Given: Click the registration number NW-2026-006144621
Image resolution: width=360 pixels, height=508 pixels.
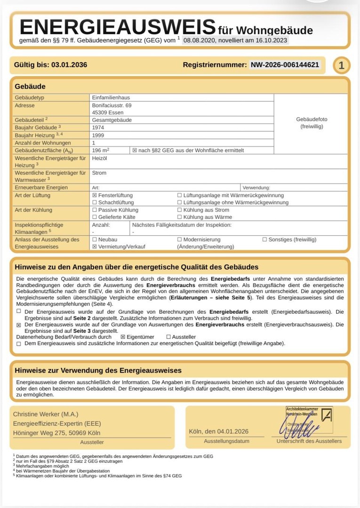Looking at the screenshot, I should tap(285, 65).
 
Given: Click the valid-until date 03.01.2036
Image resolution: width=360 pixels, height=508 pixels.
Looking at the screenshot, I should tap(69, 65).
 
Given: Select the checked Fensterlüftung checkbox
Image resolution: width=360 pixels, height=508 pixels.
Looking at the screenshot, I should tap(95, 195).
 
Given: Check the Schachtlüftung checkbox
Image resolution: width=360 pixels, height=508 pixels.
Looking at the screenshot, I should tap(95, 203).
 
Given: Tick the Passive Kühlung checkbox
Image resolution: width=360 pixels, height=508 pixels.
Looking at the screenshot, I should tap(95, 210).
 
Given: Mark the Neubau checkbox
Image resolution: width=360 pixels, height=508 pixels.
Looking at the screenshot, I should tap(95, 239).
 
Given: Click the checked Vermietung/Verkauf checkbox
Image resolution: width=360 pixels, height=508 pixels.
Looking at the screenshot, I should tap(95, 246).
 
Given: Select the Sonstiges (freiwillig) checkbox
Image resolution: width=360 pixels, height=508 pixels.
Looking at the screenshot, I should tap(264, 239).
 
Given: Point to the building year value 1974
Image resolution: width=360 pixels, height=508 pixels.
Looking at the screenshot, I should tap(99, 127).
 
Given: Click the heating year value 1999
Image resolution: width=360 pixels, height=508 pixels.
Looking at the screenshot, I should tap(99, 135).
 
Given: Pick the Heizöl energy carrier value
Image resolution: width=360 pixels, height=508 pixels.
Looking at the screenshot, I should tap(100, 159).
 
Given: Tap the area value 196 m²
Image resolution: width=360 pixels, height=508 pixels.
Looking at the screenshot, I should tap(101, 150).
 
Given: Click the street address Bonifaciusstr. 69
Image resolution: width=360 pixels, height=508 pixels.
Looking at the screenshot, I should tap(112, 105).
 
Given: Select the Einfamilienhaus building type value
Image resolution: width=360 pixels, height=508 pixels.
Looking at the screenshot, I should tap(111, 97).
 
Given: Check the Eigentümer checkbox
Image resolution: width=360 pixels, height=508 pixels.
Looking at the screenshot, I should tap(123, 337).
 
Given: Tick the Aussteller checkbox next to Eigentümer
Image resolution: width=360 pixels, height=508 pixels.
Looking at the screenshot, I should tap(168, 337).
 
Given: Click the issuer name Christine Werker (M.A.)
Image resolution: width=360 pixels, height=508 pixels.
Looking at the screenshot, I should tap(46, 414).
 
